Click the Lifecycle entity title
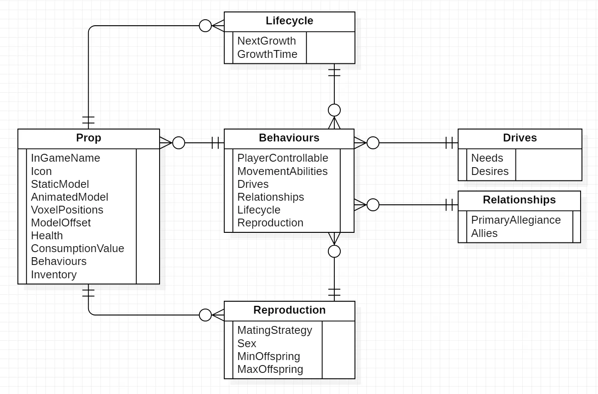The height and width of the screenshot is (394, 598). (289, 21)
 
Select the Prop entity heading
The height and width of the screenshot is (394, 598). (89, 138)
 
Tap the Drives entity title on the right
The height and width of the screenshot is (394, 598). (520, 138)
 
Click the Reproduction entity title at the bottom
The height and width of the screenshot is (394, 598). (289, 310)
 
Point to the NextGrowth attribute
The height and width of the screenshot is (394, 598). (266, 41)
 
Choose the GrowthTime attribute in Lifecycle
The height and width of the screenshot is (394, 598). (267, 54)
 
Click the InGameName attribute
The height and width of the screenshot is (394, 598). (66, 158)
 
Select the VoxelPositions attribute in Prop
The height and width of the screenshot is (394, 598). (67, 210)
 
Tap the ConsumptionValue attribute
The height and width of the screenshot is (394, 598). (78, 248)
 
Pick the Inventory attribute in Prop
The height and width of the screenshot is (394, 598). (54, 275)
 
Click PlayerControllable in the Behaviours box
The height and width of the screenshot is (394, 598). (282, 158)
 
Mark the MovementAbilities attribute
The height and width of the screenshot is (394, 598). (282, 171)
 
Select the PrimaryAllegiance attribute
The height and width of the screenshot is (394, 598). (516, 220)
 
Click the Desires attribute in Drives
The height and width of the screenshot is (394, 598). (490, 171)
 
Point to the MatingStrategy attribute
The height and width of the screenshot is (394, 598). (274, 330)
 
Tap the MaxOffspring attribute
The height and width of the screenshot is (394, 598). (270, 369)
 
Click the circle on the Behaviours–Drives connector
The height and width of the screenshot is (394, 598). (373, 143)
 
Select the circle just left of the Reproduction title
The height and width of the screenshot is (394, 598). (205, 315)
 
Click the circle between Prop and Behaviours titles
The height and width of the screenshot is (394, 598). (178, 143)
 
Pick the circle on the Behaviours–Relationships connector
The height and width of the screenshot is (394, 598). (373, 205)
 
